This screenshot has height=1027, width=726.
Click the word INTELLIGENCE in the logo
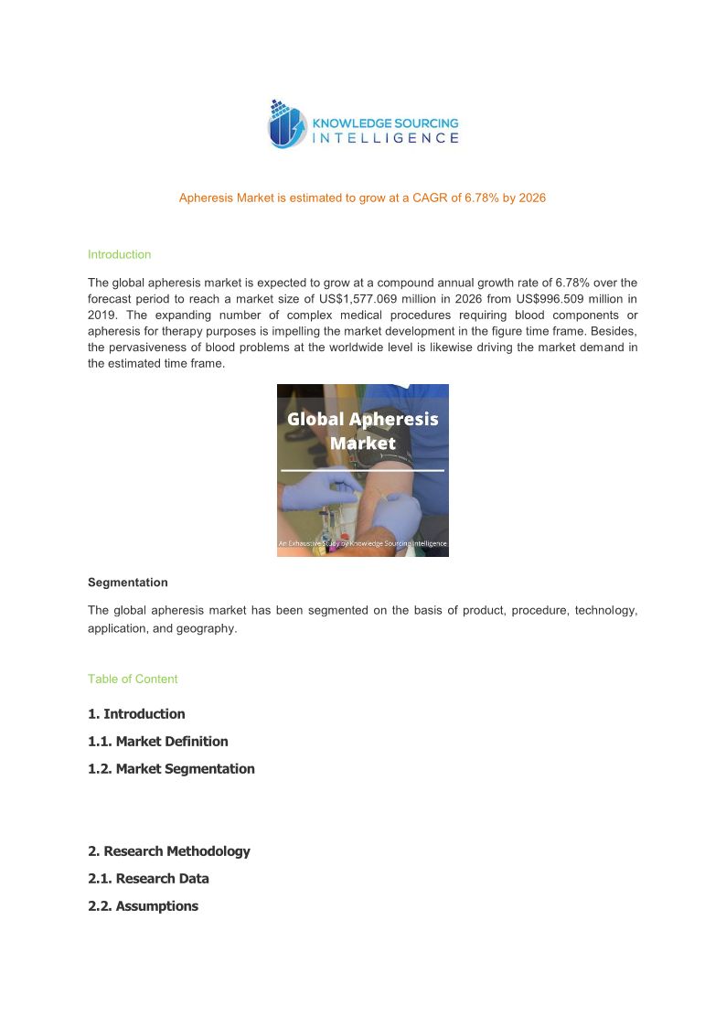click(386, 139)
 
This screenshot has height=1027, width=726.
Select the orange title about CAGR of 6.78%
click(362, 198)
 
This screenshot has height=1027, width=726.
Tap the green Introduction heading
click(119, 254)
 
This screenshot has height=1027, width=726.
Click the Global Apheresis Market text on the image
click(363, 431)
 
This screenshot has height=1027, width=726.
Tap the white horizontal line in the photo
click(362, 470)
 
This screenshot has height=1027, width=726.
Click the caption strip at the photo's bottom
click(362, 544)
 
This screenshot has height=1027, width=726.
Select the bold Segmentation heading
click(127, 583)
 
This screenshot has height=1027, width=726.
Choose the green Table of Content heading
click(133, 679)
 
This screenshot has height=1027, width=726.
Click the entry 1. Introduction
click(136, 714)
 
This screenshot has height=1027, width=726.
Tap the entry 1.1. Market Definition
click(157, 742)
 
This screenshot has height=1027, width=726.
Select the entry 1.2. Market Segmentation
click(171, 769)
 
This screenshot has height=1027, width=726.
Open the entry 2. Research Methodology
click(168, 851)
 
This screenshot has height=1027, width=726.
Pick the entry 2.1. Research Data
click(148, 879)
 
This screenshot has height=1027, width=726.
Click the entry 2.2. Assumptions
click(143, 906)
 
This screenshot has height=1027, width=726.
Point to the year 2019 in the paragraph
click(101, 315)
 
